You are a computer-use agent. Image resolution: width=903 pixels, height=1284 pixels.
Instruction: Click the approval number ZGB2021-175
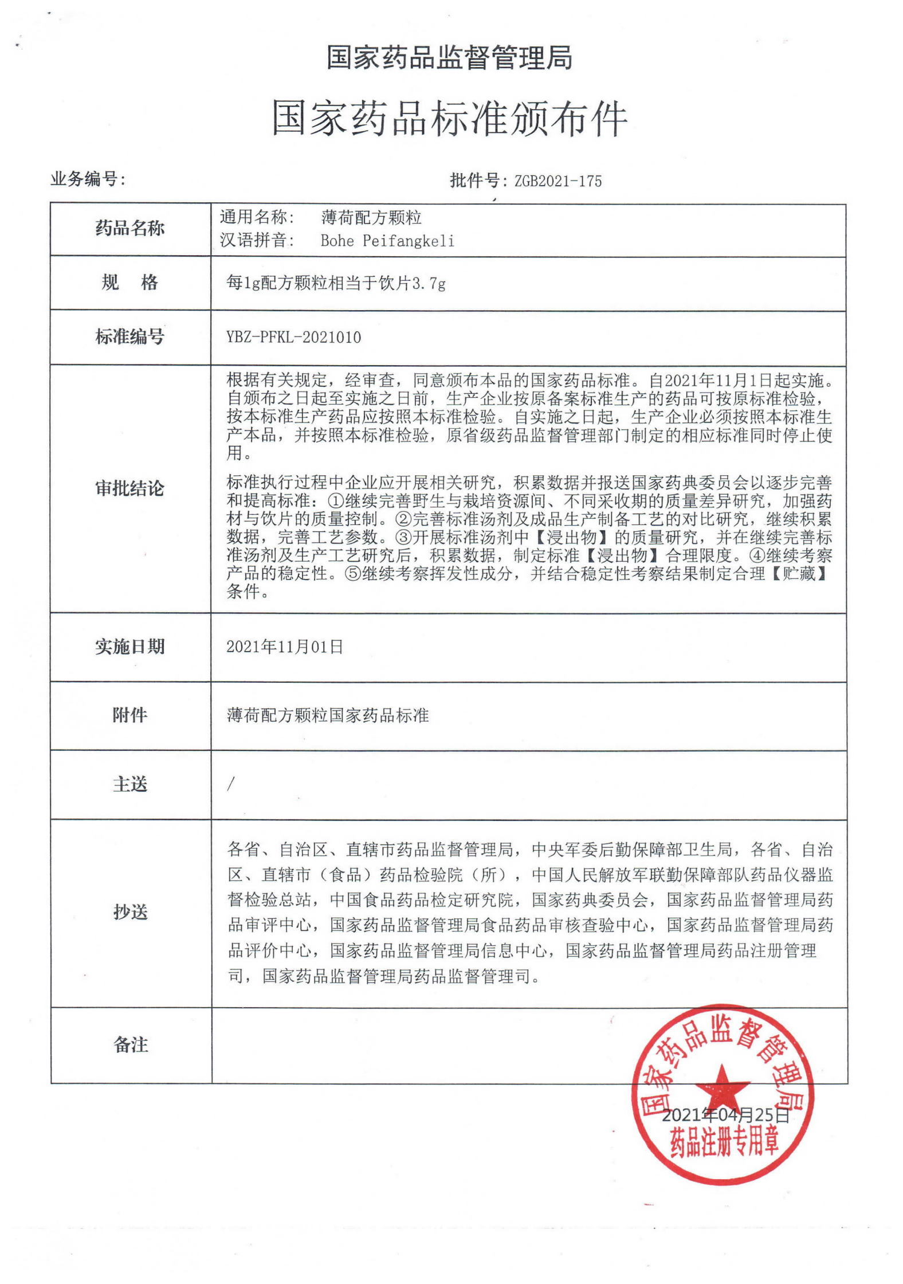(x=557, y=181)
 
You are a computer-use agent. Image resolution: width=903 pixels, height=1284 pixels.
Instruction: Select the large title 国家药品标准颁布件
(x=450, y=119)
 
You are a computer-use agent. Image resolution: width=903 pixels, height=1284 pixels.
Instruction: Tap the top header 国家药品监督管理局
(x=450, y=58)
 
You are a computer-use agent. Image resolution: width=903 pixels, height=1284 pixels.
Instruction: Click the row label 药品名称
(x=130, y=229)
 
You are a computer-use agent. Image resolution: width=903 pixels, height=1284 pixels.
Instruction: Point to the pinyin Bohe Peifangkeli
(x=387, y=241)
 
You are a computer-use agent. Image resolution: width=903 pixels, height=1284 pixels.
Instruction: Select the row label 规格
(x=130, y=283)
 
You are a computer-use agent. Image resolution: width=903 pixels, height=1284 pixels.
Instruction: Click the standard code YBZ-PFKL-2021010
(x=293, y=337)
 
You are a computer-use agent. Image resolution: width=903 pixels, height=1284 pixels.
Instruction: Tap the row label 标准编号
(x=130, y=336)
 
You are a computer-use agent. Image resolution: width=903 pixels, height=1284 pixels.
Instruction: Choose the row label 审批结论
(x=130, y=488)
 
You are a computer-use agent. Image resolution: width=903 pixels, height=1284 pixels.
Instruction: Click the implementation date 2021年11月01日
(x=285, y=647)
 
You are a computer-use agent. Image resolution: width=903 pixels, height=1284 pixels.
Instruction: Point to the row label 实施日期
(x=130, y=647)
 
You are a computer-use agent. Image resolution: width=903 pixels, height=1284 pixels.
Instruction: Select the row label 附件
(x=130, y=715)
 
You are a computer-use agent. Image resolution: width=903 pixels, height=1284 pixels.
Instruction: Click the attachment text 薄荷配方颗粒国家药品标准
(x=328, y=715)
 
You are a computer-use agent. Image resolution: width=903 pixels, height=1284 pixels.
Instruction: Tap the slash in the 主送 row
(x=230, y=784)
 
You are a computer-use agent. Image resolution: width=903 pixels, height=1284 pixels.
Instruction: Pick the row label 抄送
(x=130, y=912)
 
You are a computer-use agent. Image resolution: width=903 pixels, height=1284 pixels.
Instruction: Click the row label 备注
(x=130, y=1044)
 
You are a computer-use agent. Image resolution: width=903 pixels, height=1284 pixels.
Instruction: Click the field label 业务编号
(x=88, y=179)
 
